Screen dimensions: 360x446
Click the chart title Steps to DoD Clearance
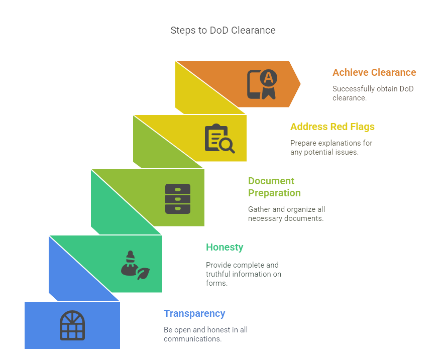[222, 30]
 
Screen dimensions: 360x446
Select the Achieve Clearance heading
[374, 72]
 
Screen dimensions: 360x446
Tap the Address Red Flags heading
[332, 127]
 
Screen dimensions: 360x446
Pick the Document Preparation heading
[274, 187]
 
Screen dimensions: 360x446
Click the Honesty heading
[225, 247]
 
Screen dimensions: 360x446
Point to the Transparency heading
[194, 313]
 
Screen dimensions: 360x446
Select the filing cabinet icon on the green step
[178, 198]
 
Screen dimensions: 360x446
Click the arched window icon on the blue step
[72, 325]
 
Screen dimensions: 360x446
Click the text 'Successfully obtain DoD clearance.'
[373, 93]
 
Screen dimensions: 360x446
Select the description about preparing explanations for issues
[331, 148]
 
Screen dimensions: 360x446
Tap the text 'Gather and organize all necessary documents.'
[287, 214]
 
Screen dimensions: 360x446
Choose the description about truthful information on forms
[244, 274]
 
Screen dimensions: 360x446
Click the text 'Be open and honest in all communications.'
[205, 334]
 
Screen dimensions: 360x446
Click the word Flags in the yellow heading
[362, 127]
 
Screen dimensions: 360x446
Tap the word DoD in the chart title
[219, 30]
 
